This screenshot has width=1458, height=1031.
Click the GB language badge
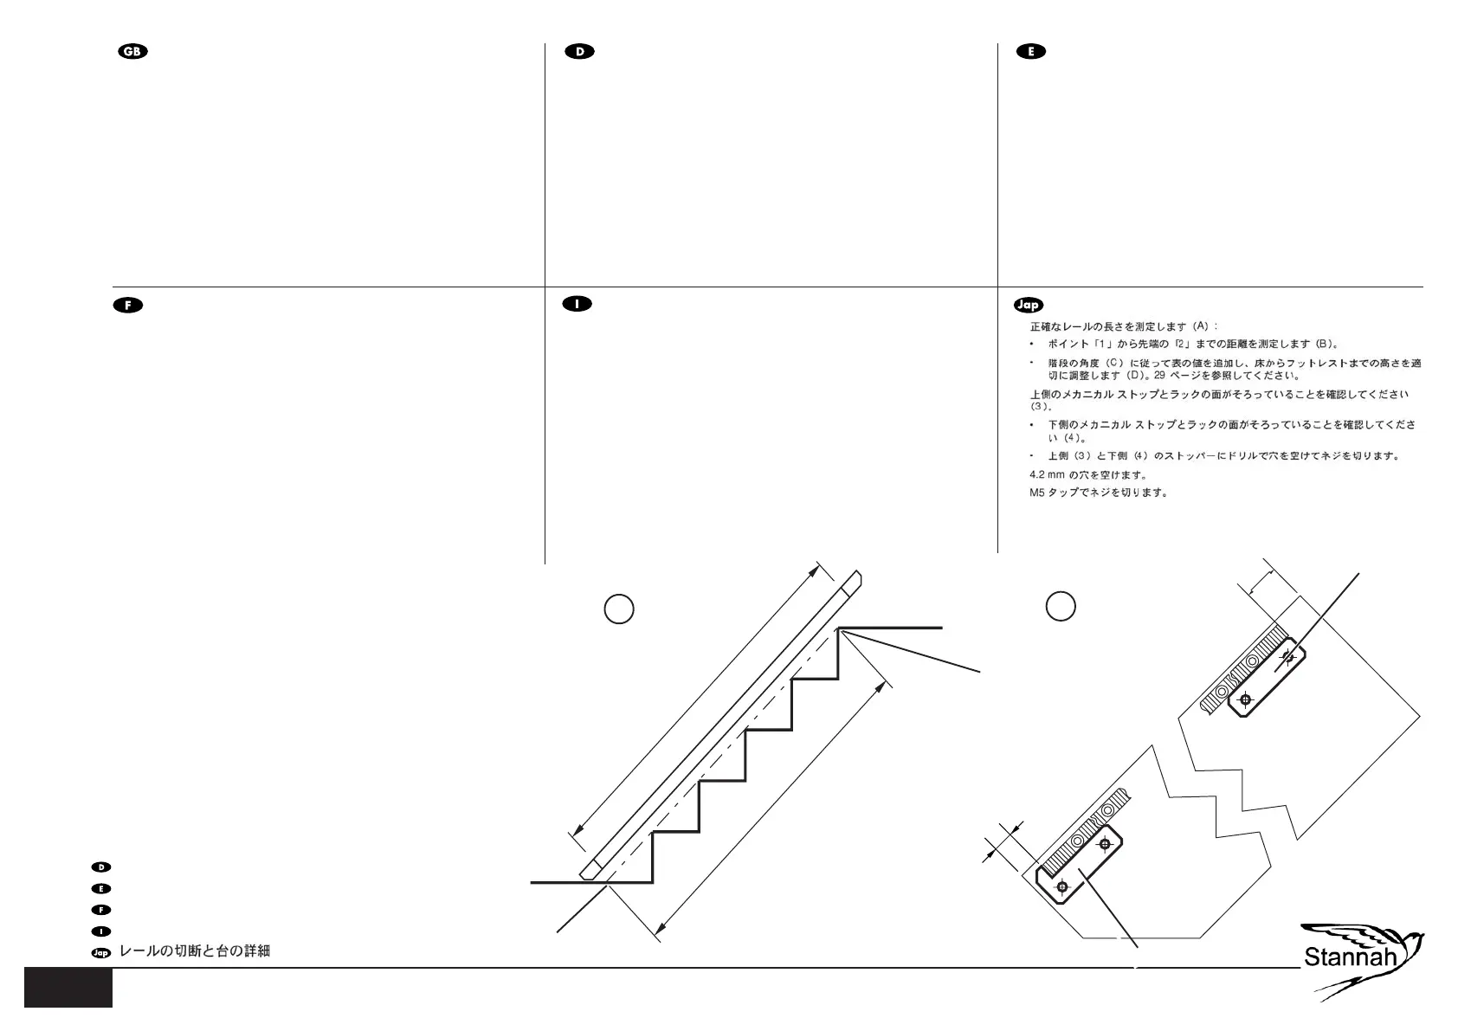tap(133, 52)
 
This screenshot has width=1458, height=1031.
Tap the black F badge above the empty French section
tap(128, 305)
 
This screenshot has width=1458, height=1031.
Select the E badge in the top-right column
tap(1030, 52)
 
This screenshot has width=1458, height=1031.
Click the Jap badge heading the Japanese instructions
tap(1028, 305)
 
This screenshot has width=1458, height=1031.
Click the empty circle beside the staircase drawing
tap(618, 609)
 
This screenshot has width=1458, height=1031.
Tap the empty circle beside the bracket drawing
tap(1061, 605)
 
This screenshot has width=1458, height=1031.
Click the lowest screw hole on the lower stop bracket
tap(1062, 886)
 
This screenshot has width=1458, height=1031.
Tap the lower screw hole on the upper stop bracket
tap(1245, 699)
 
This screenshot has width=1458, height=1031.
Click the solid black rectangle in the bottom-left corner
tap(68, 987)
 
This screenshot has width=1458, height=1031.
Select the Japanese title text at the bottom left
tap(195, 951)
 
